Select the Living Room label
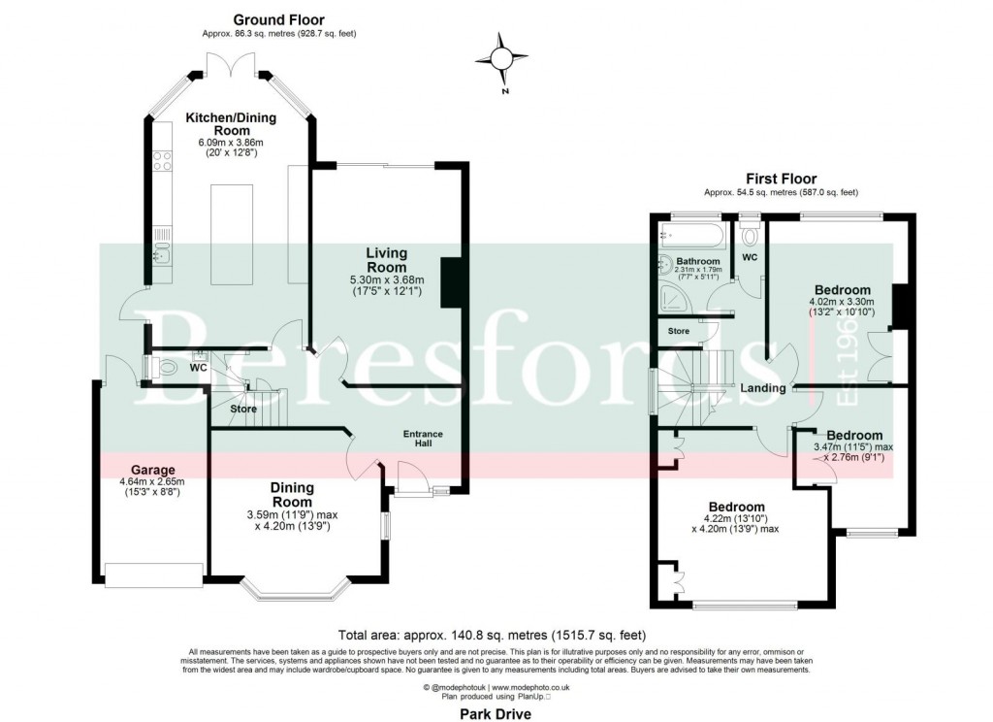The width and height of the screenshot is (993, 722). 386,260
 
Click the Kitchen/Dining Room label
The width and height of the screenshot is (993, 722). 231,124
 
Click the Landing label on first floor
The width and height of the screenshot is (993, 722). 763,389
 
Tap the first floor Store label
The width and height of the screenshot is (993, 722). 679,332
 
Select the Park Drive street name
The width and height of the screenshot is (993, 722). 496,711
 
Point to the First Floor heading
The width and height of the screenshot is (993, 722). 780,179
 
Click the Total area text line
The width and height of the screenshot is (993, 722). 496,628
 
